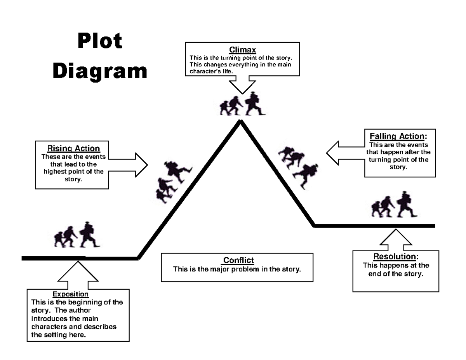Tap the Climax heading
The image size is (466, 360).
[x=242, y=50]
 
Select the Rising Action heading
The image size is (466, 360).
[x=73, y=148]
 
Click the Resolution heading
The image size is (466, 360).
[x=396, y=257]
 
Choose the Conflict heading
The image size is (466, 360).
[x=238, y=260]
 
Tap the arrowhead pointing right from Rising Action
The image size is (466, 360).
[x=141, y=165]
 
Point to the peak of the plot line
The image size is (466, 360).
[x=241, y=122]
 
